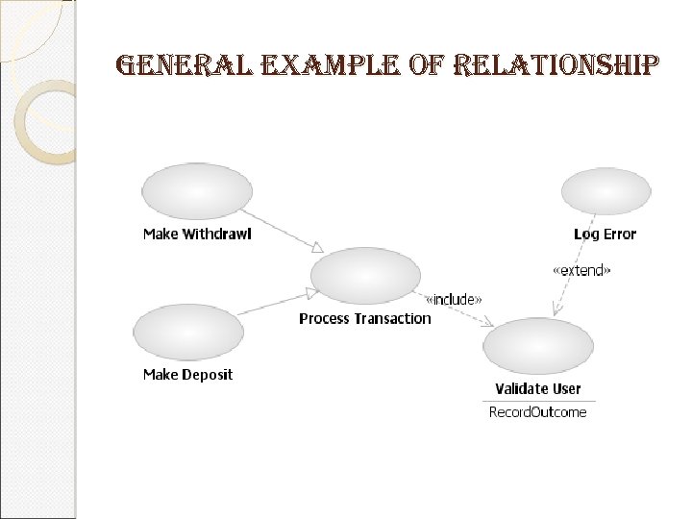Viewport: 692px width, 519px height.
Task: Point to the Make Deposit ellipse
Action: pyautogui.click(x=188, y=332)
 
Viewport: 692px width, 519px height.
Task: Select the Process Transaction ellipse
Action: pyautogui.click(x=366, y=275)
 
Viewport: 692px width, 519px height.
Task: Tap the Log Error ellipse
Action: pyautogui.click(x=605, y=190)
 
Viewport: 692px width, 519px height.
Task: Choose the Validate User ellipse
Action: pyautogui.click(x=538, y=346)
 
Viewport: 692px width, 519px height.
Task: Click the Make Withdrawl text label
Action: pyautogui.click(x=197, y=235)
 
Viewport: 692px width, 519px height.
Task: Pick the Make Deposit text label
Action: pyautogui.click(x=187, y=375)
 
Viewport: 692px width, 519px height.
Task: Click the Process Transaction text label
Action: pyautogui.click(x=365, y=319)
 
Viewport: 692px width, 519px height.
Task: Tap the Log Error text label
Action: pyautogui.click(x=605, y=235)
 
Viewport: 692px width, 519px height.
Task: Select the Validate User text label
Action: pyautogui.click(x=538, y=389)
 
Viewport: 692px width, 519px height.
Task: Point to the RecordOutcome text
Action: pyautogui.click(x=538, y=412)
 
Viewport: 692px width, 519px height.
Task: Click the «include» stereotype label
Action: pyautogui.click(x=453, y=300)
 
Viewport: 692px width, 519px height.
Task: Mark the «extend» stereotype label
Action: pyautogui.click(x=581, y=271)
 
